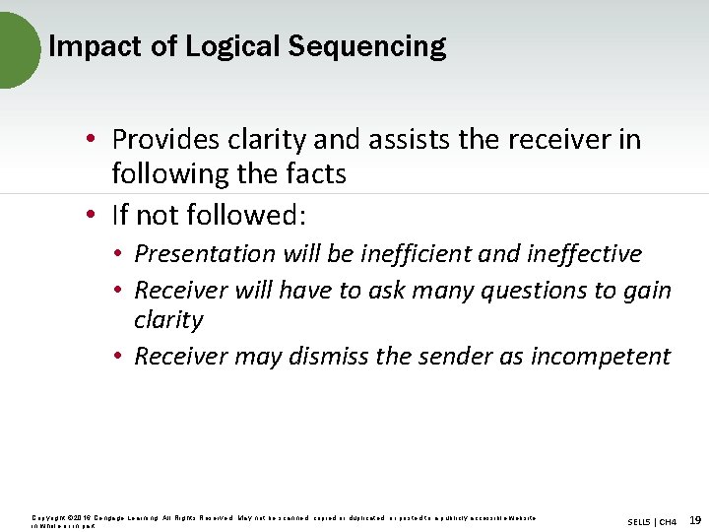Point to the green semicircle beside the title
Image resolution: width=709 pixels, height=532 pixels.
click(x=17, y=49)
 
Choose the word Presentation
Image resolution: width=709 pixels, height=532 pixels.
click(x=206, y=253)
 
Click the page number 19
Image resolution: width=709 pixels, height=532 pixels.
click(x=695, y=519)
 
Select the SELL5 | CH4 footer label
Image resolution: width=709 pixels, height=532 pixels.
click(x=651, y=520)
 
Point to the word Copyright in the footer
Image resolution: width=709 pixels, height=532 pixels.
click(x=48, y=516)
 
